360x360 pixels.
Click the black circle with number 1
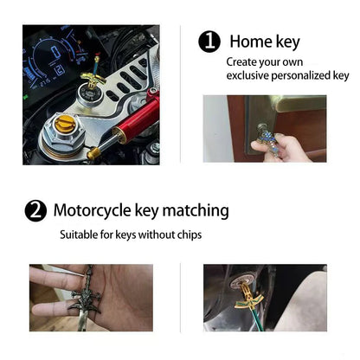click(x=209, y=42)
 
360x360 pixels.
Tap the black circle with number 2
click(x=35, y=210)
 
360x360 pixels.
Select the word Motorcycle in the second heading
click(x=96, y=210)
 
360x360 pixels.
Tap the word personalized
click(x=303, y=76)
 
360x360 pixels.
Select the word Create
click(x=242, y=62)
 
